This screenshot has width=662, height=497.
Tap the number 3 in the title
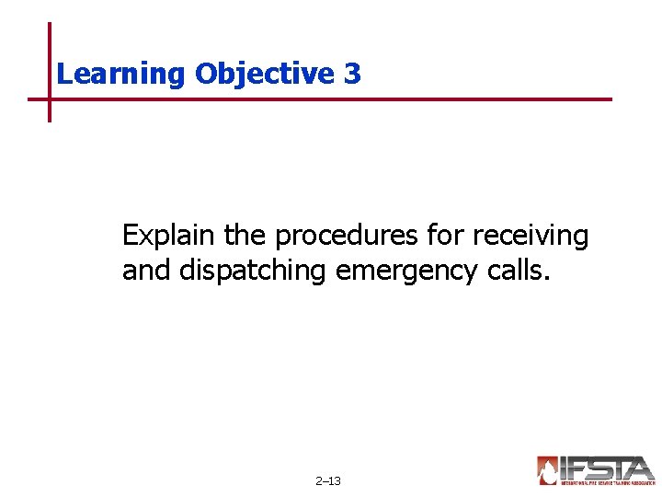pos(353,74)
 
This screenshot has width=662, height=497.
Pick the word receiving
pos(530,237)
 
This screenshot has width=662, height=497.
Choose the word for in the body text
pos(445,237)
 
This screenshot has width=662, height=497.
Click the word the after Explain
pos(245,237)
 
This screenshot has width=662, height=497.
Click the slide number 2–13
pos(328,480)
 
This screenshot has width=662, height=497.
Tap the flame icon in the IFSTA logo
pos(548,470)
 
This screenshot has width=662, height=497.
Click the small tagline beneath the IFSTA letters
pos(607,482)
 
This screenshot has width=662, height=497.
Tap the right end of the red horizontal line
pos(609,98)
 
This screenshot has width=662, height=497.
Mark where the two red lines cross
pos(50,98)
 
